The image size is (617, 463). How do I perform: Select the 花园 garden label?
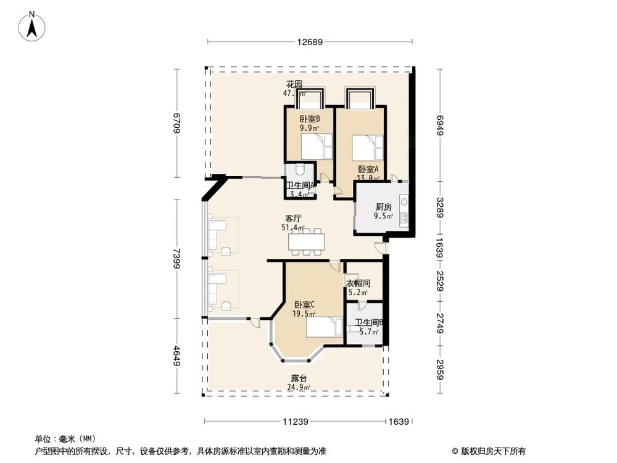294,85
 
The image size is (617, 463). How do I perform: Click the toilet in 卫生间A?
300,170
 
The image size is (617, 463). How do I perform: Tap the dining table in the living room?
307,241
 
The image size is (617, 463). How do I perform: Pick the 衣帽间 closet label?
358,283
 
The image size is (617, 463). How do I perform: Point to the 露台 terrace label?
299,378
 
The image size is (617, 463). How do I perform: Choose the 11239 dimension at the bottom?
296,422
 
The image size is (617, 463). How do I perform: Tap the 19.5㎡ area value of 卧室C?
304,314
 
